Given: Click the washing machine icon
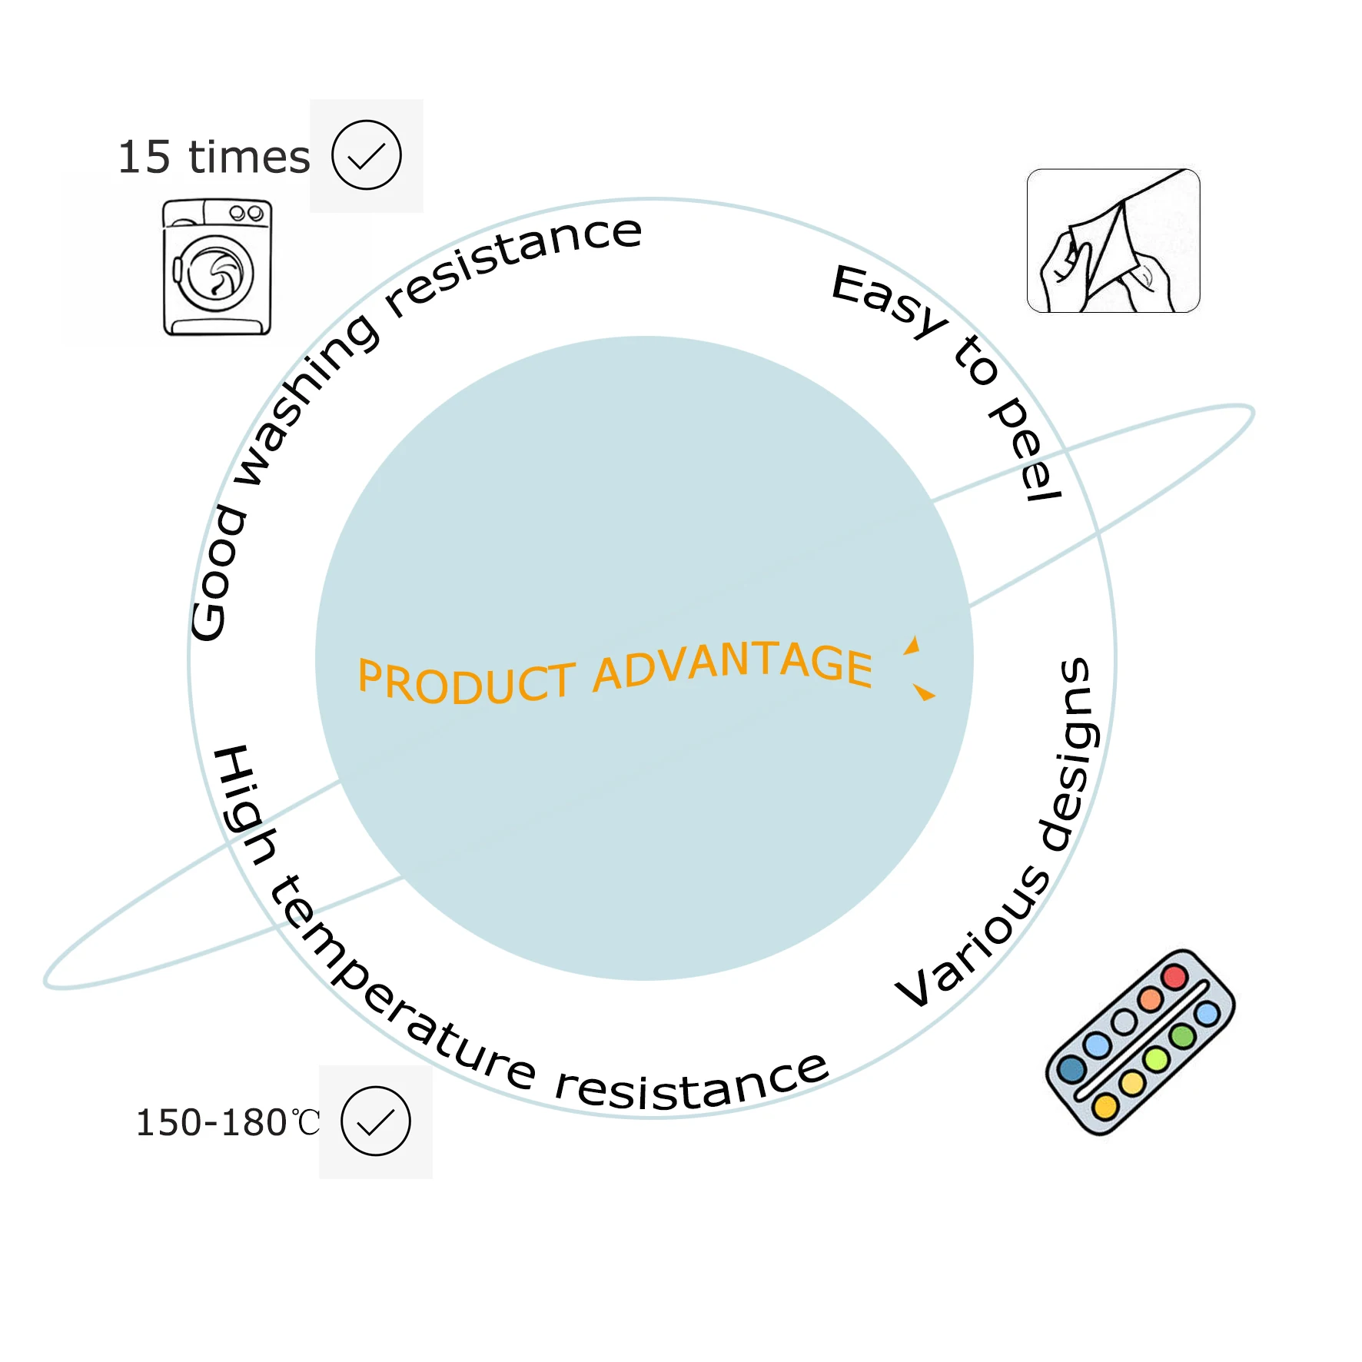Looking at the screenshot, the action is [218, 267].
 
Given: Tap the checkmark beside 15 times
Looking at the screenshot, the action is [367, 155].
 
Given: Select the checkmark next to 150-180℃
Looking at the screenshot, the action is [376, 1121].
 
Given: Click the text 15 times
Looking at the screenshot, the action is [214, 158].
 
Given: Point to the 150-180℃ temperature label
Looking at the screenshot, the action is [228, 1122].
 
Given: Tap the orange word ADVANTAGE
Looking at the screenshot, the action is [733, 666].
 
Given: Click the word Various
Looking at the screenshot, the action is [973, 938].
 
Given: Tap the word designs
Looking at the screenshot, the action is [1072, 753].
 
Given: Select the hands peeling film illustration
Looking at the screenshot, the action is [1113, 241].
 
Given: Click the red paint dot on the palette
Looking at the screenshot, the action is [1174, 977].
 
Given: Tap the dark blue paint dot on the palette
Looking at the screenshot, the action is [1071, 1068].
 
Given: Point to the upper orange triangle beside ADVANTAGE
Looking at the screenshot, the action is [912, 646].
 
